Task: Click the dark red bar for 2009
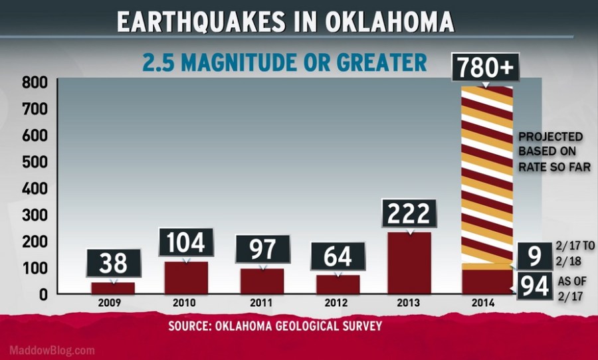(x=113, y=288)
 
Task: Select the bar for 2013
(x=409, y=262)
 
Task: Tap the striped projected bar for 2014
(x=487, y=173)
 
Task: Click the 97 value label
(x=262, y=251)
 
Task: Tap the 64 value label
(x=338, y=256)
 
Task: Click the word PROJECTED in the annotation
(x=551, y=137)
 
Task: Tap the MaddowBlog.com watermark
(x=52, y=350)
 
